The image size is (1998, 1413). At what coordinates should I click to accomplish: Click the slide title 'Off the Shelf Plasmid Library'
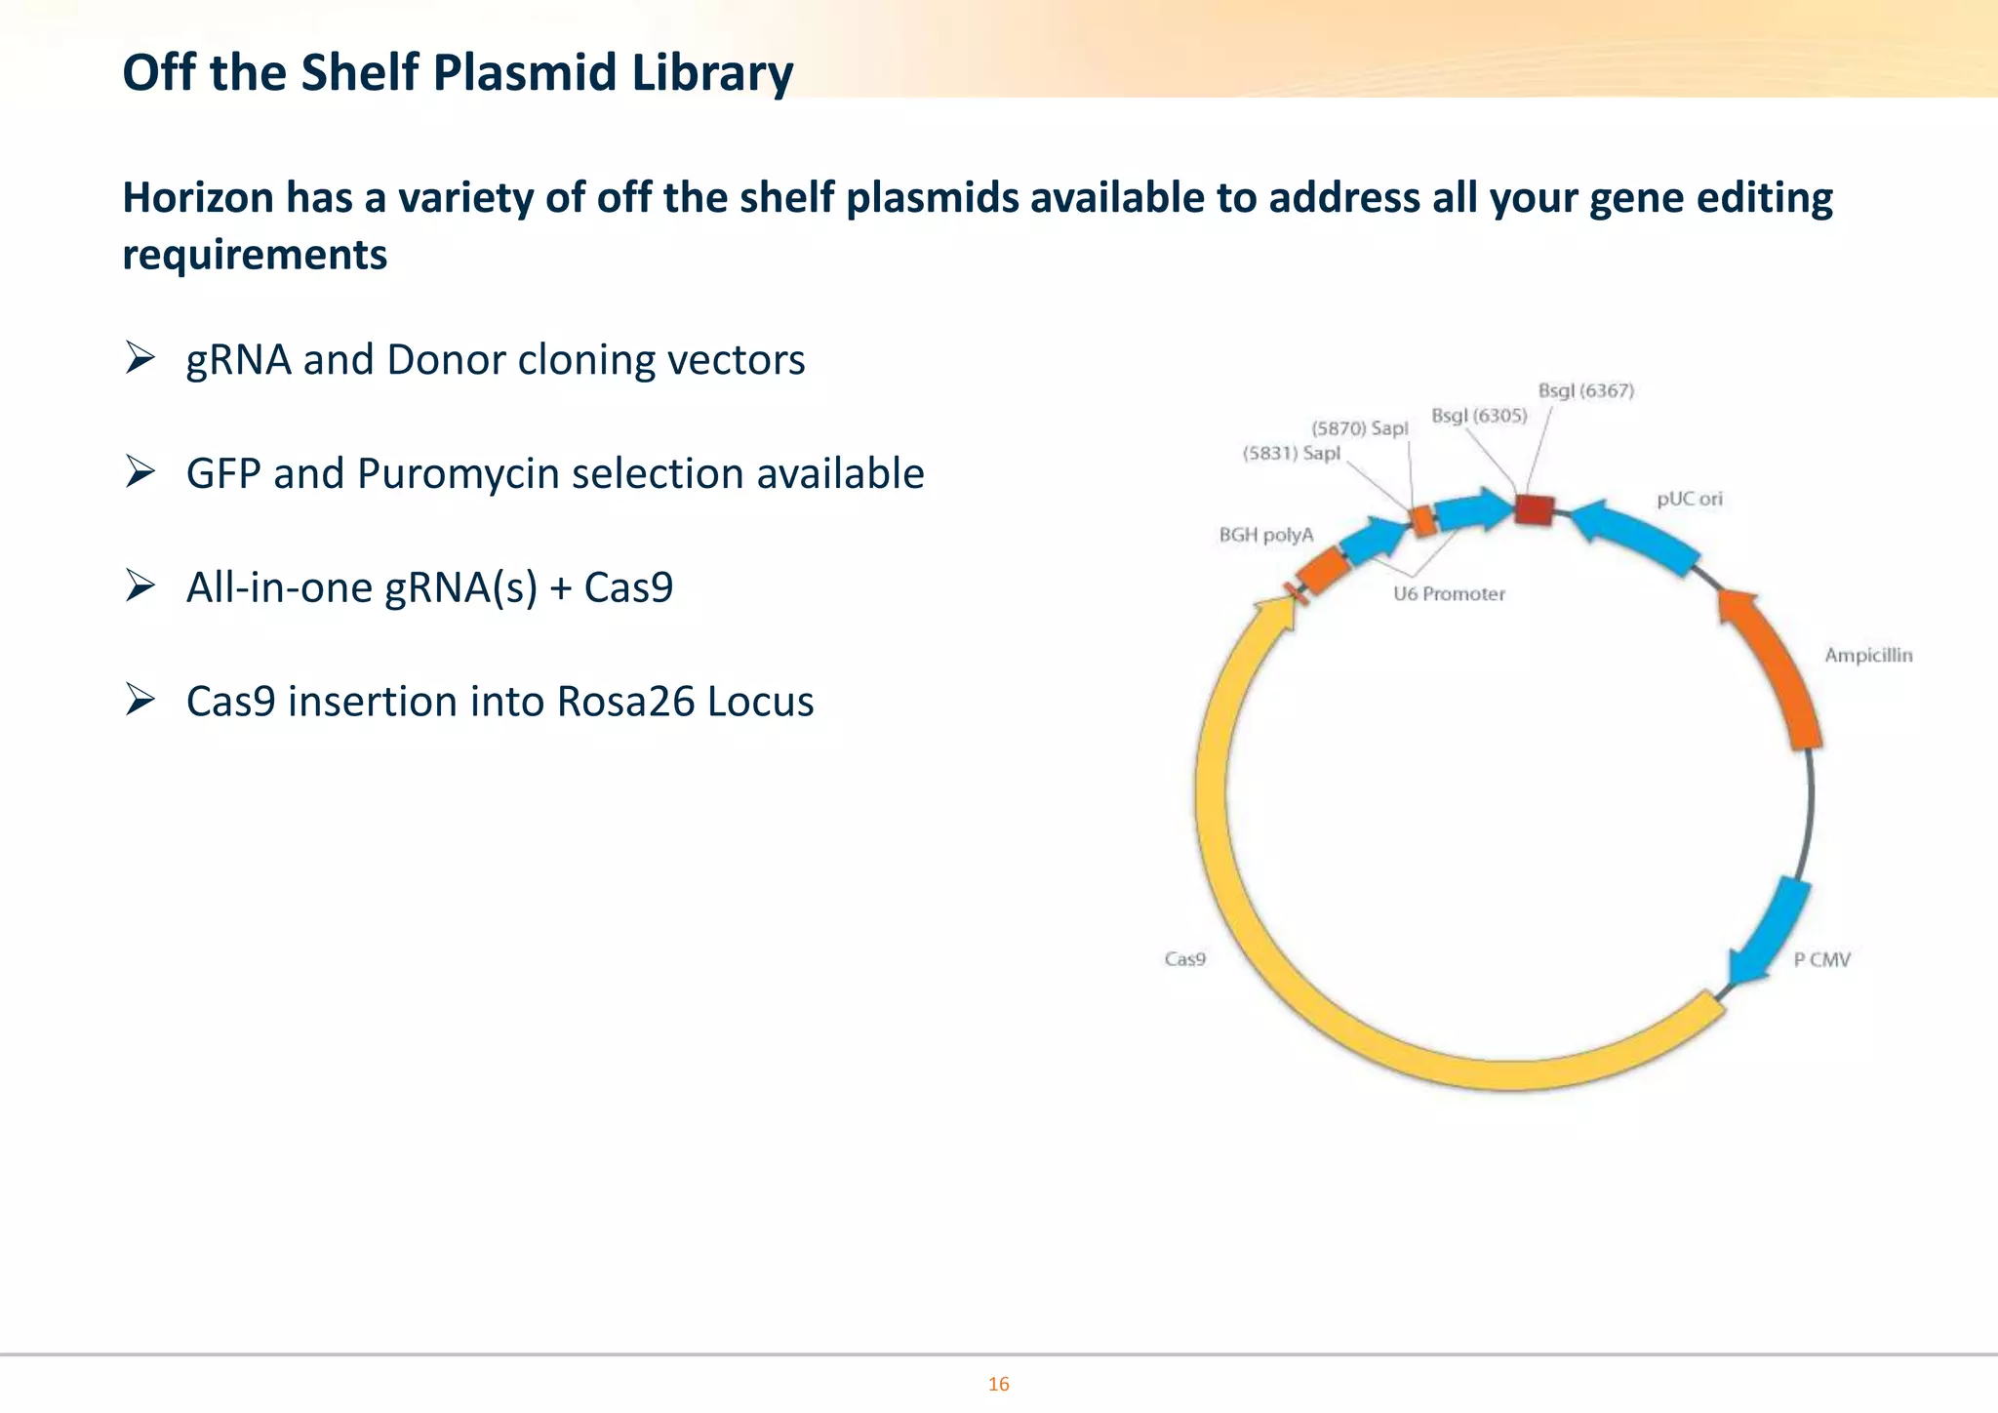tap(458, 73)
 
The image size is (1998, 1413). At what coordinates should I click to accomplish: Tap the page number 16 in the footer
tap(998, 1384)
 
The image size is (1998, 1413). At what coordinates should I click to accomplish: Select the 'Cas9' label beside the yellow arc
tap(1184, 959)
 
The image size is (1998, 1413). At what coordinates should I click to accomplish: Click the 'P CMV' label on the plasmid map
tap(1821, 960)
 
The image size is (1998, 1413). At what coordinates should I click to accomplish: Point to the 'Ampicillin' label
tap(1868, 656)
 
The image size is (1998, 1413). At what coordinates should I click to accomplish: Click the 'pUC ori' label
tap(1690, 499)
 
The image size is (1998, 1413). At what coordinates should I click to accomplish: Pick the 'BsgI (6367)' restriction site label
tap(1585, 390)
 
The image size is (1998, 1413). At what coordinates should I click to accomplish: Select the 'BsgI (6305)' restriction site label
tap(1478, 416)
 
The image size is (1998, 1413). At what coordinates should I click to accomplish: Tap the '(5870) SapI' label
tap(1359, 428)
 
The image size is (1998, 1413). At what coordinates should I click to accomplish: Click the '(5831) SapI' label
tap(1291, 454)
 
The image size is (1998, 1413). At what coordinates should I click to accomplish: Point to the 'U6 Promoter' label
tap(1449, 594)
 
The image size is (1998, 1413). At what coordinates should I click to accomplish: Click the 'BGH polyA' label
tap(1266, 535)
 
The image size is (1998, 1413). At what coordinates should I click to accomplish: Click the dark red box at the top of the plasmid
tap(1534, 509)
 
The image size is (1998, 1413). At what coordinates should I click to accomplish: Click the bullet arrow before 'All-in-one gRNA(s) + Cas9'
tap(140, 586)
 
